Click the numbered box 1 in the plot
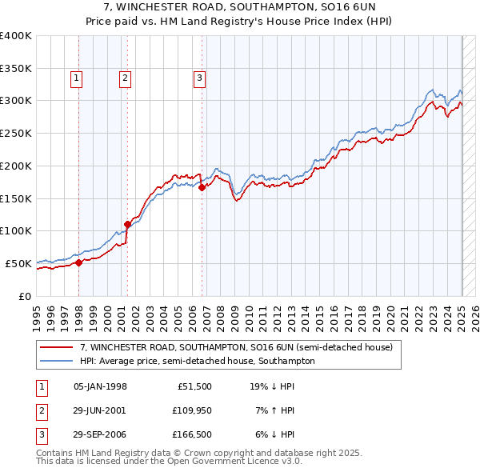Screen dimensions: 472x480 tap(76, 78)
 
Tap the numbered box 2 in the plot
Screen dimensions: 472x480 tap(126, 78)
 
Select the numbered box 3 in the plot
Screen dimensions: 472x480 tap(199, 78)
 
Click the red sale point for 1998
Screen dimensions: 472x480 tap(78, 262)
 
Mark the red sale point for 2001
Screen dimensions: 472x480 tap(127, 224)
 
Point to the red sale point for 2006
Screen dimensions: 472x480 tap(202, 187)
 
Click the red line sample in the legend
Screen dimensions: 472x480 tap(57, 348)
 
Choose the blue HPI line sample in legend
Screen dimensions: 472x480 tap(57, 361)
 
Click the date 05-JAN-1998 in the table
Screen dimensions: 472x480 tap(100, 386)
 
